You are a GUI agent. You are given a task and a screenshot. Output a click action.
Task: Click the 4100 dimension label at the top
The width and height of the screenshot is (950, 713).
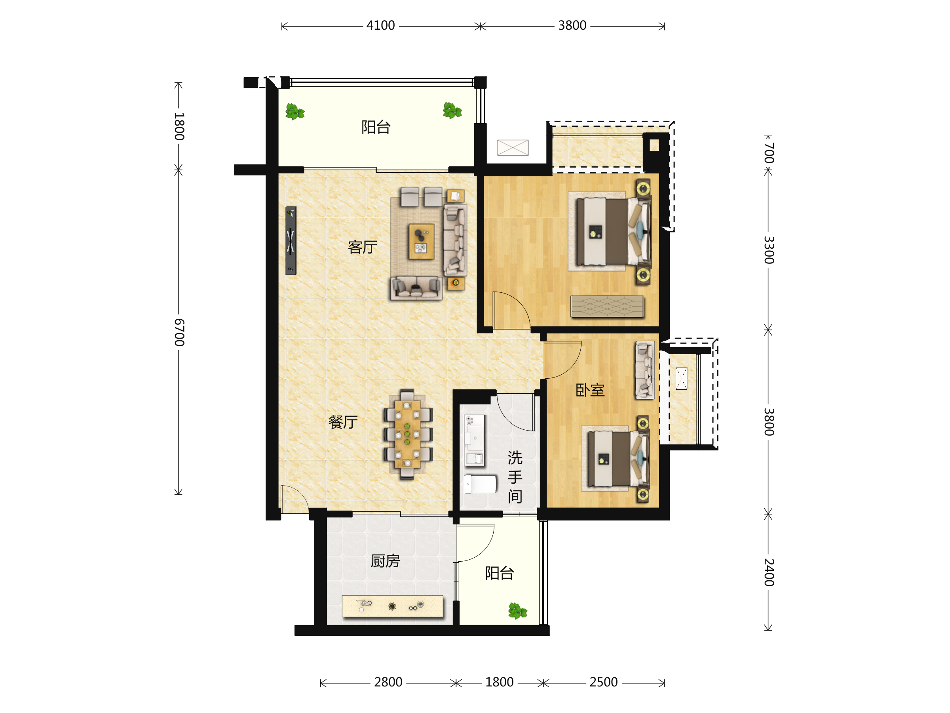[380, 26]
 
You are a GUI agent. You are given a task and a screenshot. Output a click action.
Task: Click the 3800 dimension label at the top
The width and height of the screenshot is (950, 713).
[572, 26]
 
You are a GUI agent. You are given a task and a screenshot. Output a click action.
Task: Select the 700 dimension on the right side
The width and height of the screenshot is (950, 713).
[769, 153]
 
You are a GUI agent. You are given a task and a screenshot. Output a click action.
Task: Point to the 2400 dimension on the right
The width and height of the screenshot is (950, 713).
[769, 573]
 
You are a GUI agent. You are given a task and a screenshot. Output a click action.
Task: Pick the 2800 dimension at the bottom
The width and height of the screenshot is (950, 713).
[388, 682]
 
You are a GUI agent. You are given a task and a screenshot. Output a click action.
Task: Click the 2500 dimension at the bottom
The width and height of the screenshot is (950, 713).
[603, 682]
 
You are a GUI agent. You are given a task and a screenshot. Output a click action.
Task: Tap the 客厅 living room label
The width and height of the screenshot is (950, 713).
[363, 247]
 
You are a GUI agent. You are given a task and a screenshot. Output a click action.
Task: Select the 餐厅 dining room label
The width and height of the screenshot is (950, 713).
[343, 422]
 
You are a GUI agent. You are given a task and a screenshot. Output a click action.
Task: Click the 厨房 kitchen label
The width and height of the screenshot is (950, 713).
[385, 561]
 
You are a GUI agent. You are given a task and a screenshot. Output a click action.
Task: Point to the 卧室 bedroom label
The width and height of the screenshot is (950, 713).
[590, 390]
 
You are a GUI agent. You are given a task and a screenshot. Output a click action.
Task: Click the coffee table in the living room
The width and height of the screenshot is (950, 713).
[421, 242]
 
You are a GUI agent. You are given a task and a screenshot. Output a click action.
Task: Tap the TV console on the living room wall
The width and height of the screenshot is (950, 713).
[291, 241]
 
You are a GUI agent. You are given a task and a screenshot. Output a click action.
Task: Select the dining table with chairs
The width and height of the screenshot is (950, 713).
[407, 434]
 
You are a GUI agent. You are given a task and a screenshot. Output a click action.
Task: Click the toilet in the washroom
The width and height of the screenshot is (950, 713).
[480, 484]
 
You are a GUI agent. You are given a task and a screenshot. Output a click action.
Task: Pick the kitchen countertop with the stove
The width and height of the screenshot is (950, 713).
[392, 606]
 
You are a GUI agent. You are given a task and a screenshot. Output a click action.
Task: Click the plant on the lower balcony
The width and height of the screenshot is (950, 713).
[517, 611]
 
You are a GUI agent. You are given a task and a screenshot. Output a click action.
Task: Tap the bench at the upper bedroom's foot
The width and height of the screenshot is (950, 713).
[607, 307]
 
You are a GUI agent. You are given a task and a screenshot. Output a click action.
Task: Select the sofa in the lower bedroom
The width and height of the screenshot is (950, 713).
[645, 370]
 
